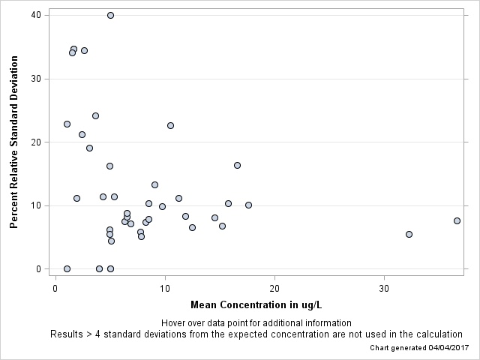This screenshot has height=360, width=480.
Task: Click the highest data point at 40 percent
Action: click(x=110, y=15)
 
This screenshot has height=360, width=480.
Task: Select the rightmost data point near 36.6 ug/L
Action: click(x=457, y=220)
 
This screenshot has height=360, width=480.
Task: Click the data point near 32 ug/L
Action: click(x=409, y=234)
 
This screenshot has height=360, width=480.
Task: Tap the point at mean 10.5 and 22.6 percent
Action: click(x=170, y=125)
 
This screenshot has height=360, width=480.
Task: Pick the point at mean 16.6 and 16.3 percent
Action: click(x=237, y=165)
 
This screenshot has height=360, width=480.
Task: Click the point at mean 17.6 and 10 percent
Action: click(x=248, y=205)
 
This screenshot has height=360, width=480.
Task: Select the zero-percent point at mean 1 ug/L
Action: click(x=67, y=268)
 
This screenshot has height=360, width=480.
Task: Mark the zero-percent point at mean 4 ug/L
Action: click(x=99, y=268)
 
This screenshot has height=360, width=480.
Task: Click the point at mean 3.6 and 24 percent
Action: click(x=95, y=115)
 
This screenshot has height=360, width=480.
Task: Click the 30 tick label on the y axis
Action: click(x=35, y=79)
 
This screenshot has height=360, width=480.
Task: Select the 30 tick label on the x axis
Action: click(x=384, y=289)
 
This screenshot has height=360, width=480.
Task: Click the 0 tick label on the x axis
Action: click(x=55, y=289)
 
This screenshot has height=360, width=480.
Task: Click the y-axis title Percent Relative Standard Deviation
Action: click(x=13, y=142)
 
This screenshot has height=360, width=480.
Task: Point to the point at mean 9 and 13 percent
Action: click(x=154, y=184)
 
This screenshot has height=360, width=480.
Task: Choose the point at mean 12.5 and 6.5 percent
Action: click(x=192, y=227)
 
